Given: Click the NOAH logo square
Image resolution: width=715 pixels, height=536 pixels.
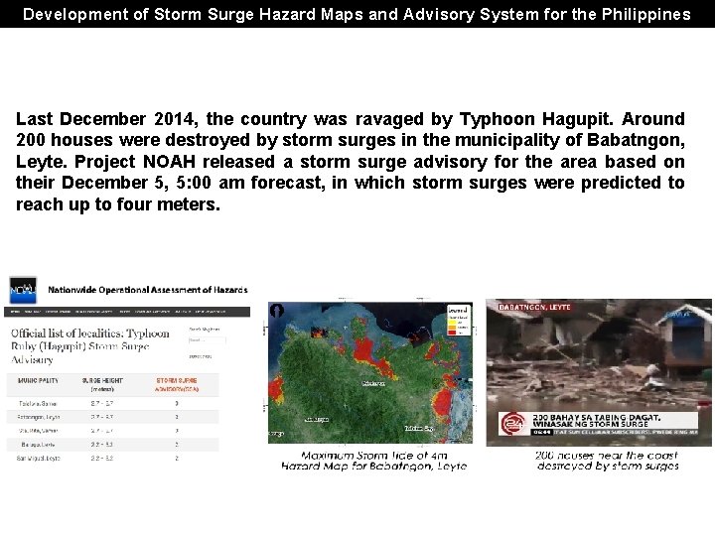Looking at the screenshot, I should point(23,290).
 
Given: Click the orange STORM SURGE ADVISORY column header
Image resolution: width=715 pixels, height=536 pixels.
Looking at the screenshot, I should point(177,383).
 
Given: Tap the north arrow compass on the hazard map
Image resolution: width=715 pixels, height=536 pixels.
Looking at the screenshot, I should point(276,311).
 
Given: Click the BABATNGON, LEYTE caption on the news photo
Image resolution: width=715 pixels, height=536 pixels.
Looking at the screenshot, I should point(535,308).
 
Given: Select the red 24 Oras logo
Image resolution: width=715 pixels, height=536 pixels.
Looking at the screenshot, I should point(511,423).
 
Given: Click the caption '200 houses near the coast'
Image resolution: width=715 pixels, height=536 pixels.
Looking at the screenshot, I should point(606,455).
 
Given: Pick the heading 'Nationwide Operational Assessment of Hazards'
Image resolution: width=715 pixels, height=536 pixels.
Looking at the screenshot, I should point(148,290).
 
